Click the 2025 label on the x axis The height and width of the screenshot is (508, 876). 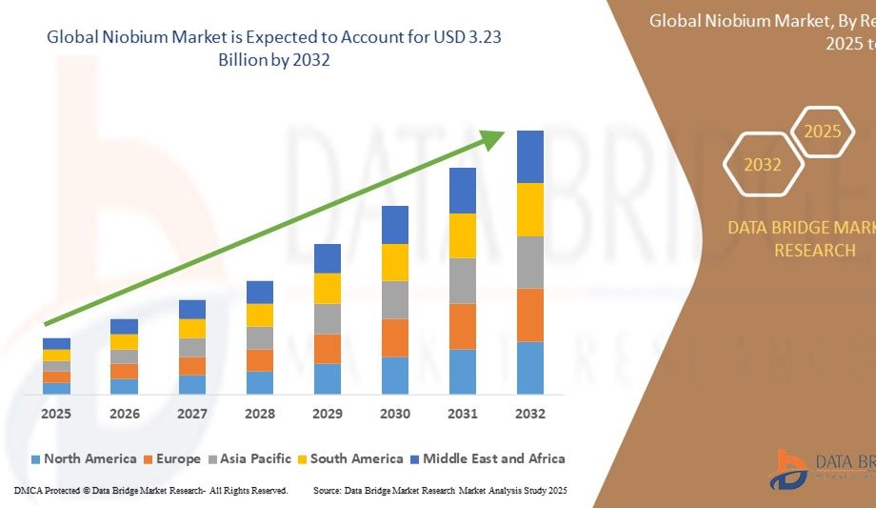pyautogui.click(x=56, y=414)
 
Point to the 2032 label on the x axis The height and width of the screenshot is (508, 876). pyautogui.click(x=529, y=414)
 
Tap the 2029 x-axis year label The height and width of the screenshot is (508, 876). pyautogui.click(x=328, y=414)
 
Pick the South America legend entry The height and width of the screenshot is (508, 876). pyautogui.click(x=351, y=458)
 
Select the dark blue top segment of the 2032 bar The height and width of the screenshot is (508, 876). pyautogui.click(x=529, y=156)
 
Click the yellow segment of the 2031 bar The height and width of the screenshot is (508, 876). pyautogui.click(x=463, y=235)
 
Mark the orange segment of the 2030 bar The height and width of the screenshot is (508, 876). pyautogui.click(x=395, y=337)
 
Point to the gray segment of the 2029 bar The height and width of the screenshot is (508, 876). pyautogui.click(x=328, y=318)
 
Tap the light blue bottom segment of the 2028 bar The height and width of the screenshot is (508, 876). pyautogui.click(x=260, y=382)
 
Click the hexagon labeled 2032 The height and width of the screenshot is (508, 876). pyautogui.click(x=763, y=165)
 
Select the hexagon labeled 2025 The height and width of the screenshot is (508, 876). pyautogui.click(x=823, y=132)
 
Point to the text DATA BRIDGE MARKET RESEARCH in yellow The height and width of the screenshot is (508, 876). pyautogui.click(x=801, y=238)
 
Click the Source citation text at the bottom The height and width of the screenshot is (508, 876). pyautogui.click(x=440, y=490)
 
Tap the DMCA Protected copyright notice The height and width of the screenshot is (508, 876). pyautogui.click(x=150, y=490)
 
